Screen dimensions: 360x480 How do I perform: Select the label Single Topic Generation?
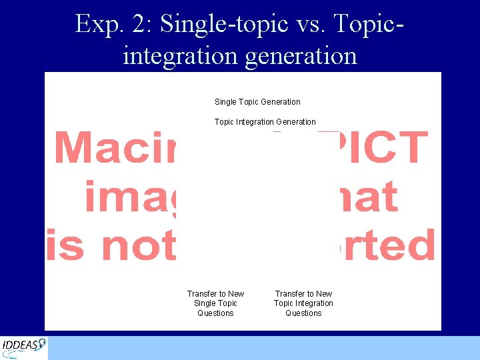click(257, 102)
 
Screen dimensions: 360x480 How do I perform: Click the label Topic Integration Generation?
click(265, 122)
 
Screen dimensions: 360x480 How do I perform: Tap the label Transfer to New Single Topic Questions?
click(215, 303)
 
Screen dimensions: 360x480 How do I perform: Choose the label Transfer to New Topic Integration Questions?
click(303, 303)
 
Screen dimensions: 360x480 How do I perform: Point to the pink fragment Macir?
click(114, 147)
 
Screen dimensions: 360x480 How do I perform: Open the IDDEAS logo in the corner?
click(24, 347)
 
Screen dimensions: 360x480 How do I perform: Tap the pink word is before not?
click(65, 245)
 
